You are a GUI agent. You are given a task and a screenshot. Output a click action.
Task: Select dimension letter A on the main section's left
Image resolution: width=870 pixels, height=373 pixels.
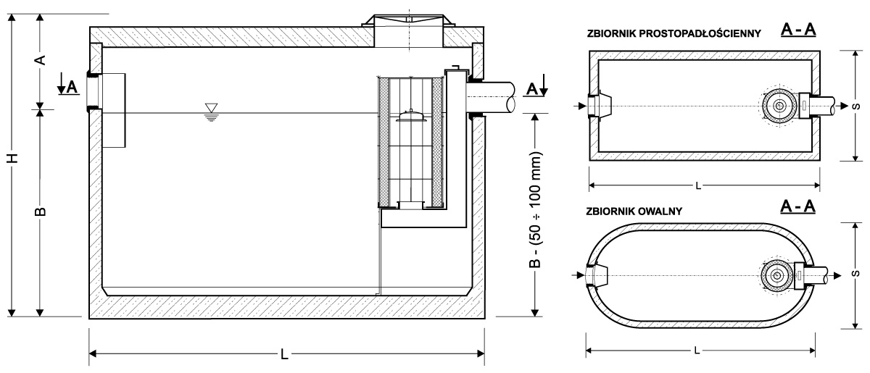click(x=41, y=60)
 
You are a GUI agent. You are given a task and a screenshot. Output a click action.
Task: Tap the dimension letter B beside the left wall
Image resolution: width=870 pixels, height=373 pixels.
click(x=41, y=211)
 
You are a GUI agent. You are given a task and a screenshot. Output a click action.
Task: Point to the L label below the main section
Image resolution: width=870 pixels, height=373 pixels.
click(x=286, y=354)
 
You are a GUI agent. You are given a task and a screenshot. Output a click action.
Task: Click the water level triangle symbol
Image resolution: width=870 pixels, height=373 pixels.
click(x=211, y=109)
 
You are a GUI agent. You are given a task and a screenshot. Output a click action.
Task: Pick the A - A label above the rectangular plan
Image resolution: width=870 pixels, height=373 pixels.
click(x=798, y=30)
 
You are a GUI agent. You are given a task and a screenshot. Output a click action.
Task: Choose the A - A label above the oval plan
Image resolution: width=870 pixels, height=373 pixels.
click(x=798, y=207)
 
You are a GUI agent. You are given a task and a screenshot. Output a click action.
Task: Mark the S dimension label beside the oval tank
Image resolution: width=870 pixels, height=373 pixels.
click(x=856, y=275)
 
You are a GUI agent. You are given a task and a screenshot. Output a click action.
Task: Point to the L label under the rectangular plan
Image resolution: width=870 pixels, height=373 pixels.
click(x=697, y=186)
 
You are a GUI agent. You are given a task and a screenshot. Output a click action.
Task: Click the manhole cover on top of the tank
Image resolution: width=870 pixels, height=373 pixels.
click(x=408, y=18)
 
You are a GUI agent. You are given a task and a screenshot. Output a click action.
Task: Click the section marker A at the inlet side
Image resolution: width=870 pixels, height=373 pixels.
click(x=70, y=88)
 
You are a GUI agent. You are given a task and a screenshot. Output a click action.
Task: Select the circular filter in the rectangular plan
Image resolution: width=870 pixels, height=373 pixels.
click(x=780, y=106)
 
